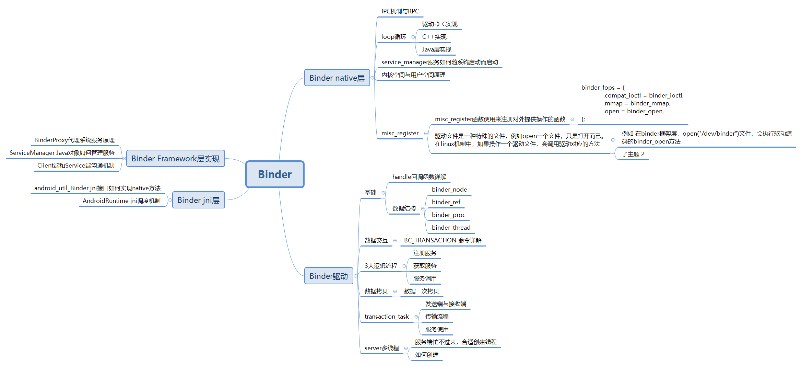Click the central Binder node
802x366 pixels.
click(x=275, y=174)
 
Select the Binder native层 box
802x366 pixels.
click(x=337, y=78)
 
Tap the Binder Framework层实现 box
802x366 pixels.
click(x=175, y=159)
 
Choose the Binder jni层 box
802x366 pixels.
click(x=198, y=200)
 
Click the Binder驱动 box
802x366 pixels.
click(x=328, y=276)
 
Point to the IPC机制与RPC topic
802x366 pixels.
click(x=400, y=11)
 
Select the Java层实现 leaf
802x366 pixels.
click(x=436, y=49)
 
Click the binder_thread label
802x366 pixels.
click(x=451, y=228)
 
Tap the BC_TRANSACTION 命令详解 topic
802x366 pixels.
click(x=443, y=240)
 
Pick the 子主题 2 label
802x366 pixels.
click(x=633, y=154)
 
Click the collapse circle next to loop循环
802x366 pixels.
click(x=413, y=37)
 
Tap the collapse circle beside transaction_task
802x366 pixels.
click(x=416, y=317)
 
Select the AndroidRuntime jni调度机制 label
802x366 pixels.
click(x=121, y=201)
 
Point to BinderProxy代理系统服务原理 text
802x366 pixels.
click(x=74, y=140)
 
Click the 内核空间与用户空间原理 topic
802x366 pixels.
click(x=413, y=75)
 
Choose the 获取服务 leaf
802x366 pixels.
click(x=425, y=266)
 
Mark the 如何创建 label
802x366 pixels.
click(x=426, y=355)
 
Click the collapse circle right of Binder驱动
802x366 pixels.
click(x=355, y=276)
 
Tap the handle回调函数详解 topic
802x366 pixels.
click(x=419, y=177)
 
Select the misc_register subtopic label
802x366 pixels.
click(x=400, y=133)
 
